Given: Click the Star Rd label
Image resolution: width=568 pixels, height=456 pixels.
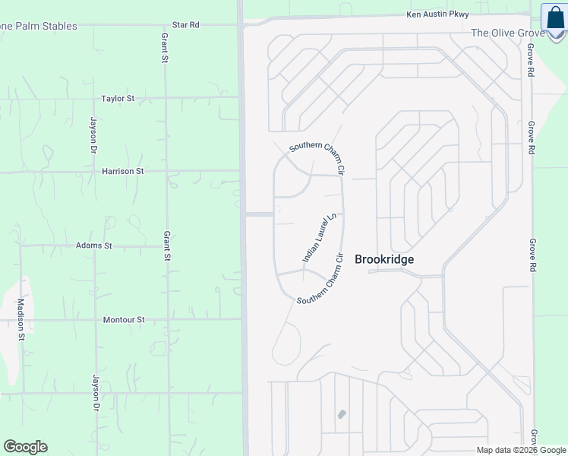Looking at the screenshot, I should tap(185, 25).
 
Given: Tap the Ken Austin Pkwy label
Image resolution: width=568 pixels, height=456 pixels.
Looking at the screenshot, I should tap(437, 14).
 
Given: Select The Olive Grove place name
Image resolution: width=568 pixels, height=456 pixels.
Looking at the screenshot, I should tap(507, 33).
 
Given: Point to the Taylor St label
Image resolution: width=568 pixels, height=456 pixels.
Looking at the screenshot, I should tap(118, 99).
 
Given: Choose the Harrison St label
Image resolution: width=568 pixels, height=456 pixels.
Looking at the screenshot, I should tap(122, 172).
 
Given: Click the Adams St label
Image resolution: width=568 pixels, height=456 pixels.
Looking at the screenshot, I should tap(93, 246).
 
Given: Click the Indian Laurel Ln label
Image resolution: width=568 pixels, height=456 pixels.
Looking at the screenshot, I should tap(319, 238).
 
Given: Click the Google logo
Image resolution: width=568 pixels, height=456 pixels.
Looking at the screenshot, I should tap(25, 447).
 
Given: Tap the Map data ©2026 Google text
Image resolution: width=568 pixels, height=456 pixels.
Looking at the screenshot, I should tap(521, 450).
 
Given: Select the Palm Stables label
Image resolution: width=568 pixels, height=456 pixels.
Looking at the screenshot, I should tap(39, 27).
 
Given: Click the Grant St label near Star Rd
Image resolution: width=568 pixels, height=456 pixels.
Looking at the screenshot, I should tap(165, 47).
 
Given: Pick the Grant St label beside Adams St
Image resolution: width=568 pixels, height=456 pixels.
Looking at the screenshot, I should tap(166, 246).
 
